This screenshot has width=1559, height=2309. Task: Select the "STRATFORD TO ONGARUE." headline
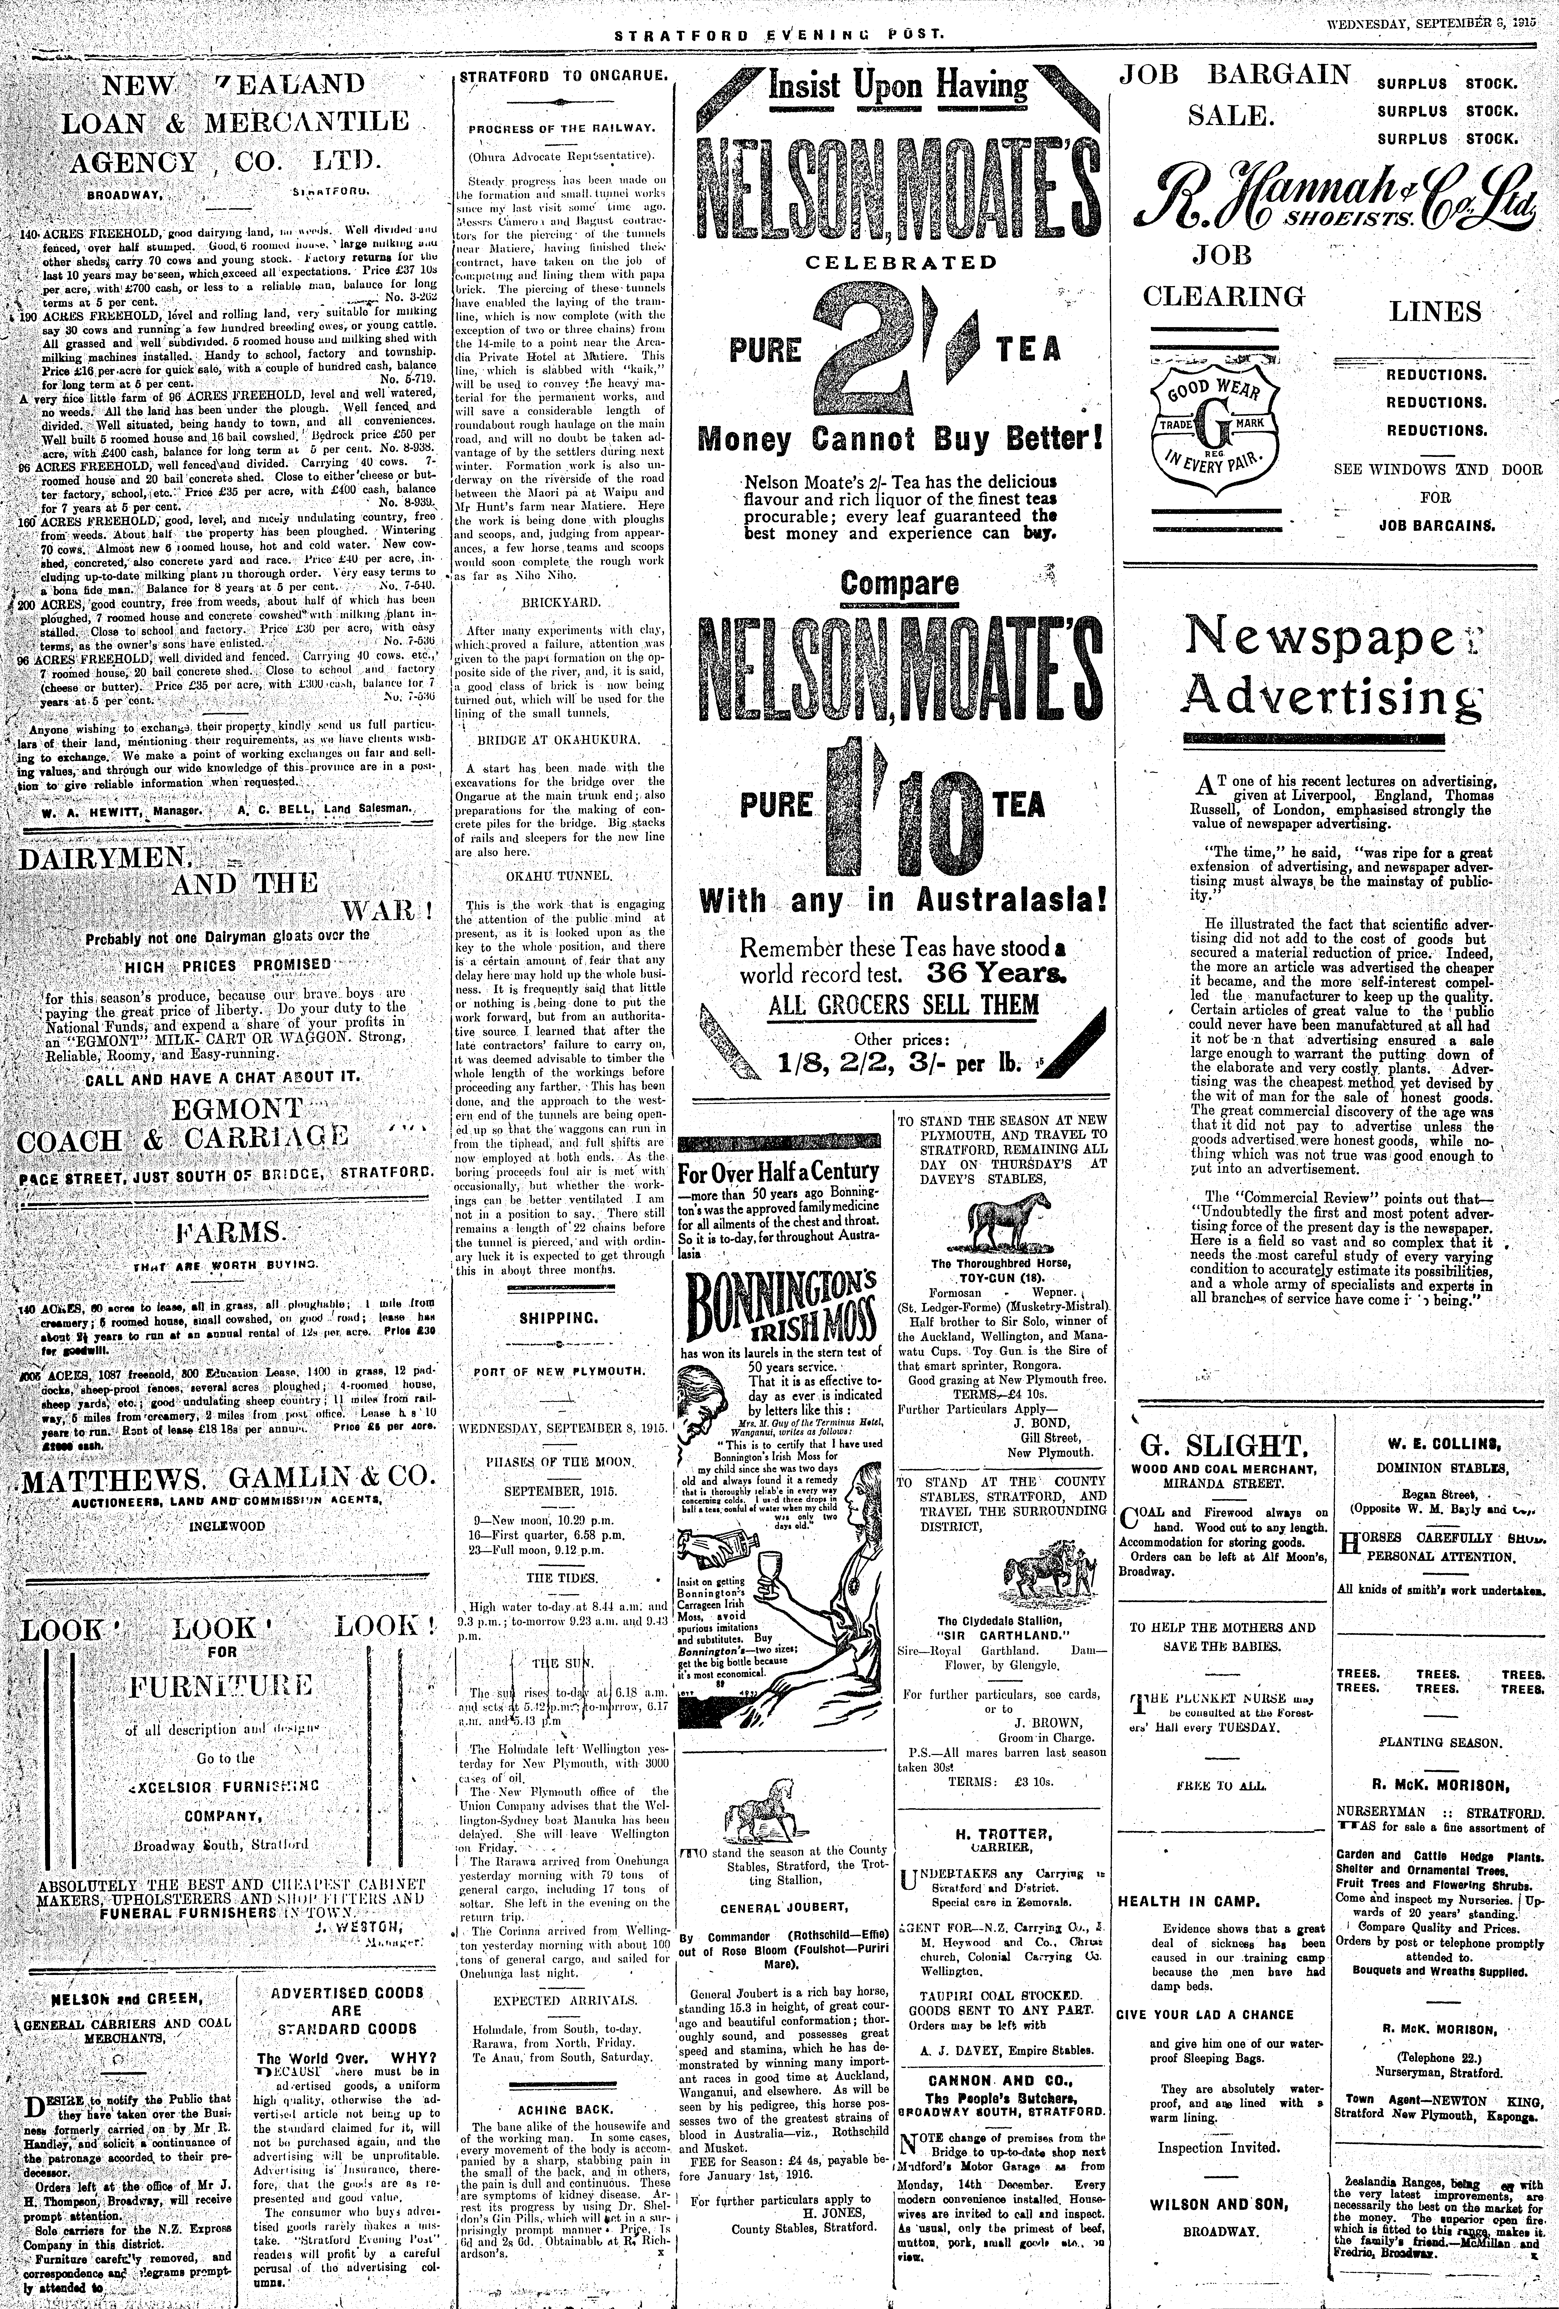tap(561, 74)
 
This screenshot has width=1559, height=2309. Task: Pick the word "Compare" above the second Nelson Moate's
tap(898, 584)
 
